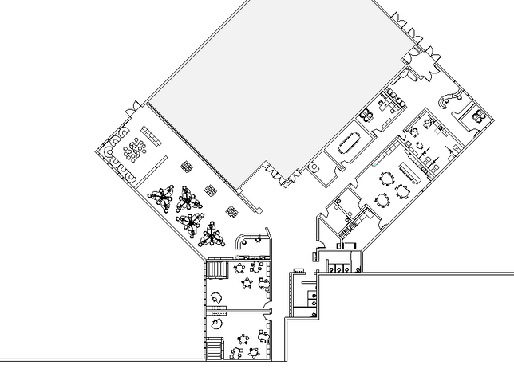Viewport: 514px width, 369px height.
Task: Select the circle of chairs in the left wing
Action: point(136,147)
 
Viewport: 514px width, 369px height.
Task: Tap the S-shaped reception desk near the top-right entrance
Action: point(452,99)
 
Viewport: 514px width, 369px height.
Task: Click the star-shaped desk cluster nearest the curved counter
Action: point(213,234)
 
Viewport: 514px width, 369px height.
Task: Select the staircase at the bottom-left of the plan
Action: point(213,348)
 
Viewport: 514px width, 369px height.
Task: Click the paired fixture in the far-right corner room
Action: point(479,115)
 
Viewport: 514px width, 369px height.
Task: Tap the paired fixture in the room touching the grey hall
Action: point(369,114)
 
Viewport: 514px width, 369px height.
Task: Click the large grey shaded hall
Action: point(271,80)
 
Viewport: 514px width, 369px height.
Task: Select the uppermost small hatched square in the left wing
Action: point(188,167)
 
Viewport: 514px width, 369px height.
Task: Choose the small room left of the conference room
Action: point(314,166)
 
